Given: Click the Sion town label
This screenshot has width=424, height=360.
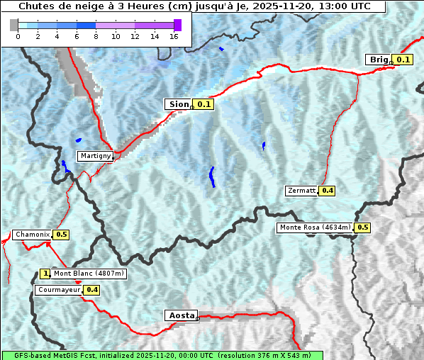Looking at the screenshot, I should pos(177,104).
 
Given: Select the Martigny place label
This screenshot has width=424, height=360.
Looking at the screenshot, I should pos(94,156).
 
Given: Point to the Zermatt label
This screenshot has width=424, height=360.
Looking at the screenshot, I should pos(301,191).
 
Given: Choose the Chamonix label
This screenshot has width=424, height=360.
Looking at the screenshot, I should pos(32,235).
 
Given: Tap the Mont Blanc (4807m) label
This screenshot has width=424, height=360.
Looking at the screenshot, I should pos(89,274).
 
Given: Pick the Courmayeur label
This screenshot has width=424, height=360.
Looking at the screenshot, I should pos(58,290).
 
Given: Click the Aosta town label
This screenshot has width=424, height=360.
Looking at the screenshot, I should pos(181,315).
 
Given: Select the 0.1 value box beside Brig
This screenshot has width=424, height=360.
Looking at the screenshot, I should pos(403,60).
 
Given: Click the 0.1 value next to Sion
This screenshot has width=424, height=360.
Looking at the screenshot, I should pos(204,104).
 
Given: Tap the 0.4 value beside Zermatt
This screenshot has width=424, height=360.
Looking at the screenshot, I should pos(327,191).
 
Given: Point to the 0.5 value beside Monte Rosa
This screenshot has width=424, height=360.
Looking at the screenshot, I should pos(362,227).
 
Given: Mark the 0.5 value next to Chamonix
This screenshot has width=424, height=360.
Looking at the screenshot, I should pos(61,235).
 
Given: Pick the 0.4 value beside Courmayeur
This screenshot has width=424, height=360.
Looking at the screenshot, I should pos(91,290).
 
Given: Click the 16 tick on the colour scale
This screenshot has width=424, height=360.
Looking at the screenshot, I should pos(174,36).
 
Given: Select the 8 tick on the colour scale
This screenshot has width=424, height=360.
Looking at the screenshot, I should pos(96,36).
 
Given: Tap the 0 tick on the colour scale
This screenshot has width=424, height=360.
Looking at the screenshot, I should pos(18,36).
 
